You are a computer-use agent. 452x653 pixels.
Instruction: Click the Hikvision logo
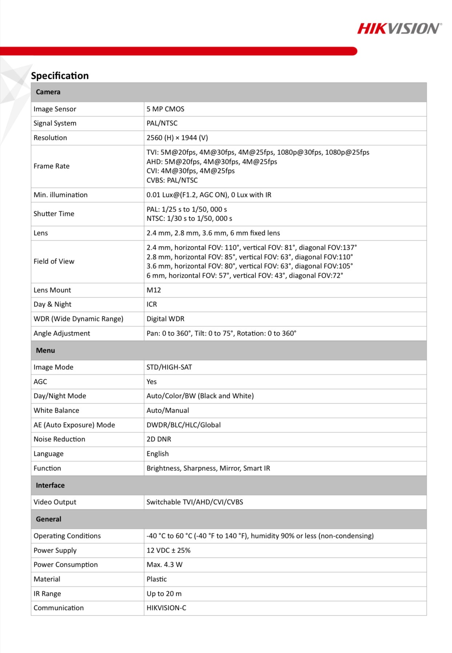tap(399, 28)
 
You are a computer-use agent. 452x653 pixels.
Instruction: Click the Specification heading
tap(60, 76)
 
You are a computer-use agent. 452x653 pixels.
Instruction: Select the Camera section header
tap(48, 92)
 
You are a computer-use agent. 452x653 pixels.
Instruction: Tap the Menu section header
tap(45, 350)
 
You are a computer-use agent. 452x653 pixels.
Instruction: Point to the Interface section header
tap(50, 485)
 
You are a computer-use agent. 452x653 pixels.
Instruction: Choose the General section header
tap(48, 519)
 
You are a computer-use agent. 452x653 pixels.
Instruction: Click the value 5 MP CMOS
tap(165, 109)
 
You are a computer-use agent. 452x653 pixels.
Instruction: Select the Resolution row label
tap(50, 138)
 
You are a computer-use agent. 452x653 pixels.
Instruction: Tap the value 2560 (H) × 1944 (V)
tap(177, 138)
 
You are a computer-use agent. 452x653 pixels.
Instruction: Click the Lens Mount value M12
tap(154, 290)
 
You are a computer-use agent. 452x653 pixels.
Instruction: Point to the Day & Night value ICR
tap(152, 304)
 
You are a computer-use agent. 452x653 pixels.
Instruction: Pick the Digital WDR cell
tap(166, 319)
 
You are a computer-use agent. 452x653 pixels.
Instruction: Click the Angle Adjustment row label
tap(62, 333)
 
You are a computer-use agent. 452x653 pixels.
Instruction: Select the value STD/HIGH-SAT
tap(169, 367)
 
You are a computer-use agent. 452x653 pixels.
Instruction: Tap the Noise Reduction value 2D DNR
tap(159, 439)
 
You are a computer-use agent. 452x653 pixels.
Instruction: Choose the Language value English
tap(158, 454)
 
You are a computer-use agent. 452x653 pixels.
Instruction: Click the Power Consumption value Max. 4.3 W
tap(164, 565)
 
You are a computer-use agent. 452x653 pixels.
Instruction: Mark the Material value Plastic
tap(156, 579)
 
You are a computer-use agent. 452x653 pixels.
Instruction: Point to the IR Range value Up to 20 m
tap(164, 594)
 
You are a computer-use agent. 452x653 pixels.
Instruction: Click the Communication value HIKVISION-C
tap(166, 608)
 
